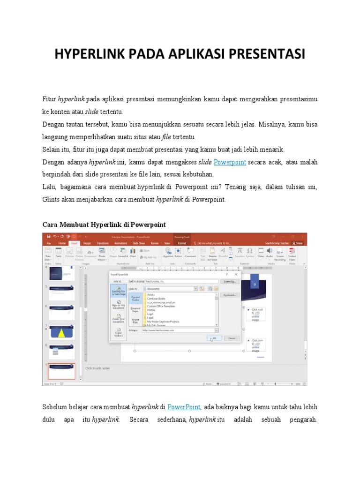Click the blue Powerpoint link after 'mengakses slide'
pyautogui.click(x=230, y=162)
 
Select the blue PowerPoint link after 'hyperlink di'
pyautogui.click(x=184, y=407)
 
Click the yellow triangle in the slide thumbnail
pyautogui.click(x=61, y=333)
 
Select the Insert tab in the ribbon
pyautogui.click(x=74, y=243)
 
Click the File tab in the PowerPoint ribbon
pyautogui.click(x=48, y=243)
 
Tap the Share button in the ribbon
pyautogui.click(x=297, y=243)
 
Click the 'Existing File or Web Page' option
pyautogui.click(x=118, y=292)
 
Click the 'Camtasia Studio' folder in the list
pyautogui.click(x=156, y=299)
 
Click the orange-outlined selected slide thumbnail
pyautogui.click(x=61, y=370)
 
